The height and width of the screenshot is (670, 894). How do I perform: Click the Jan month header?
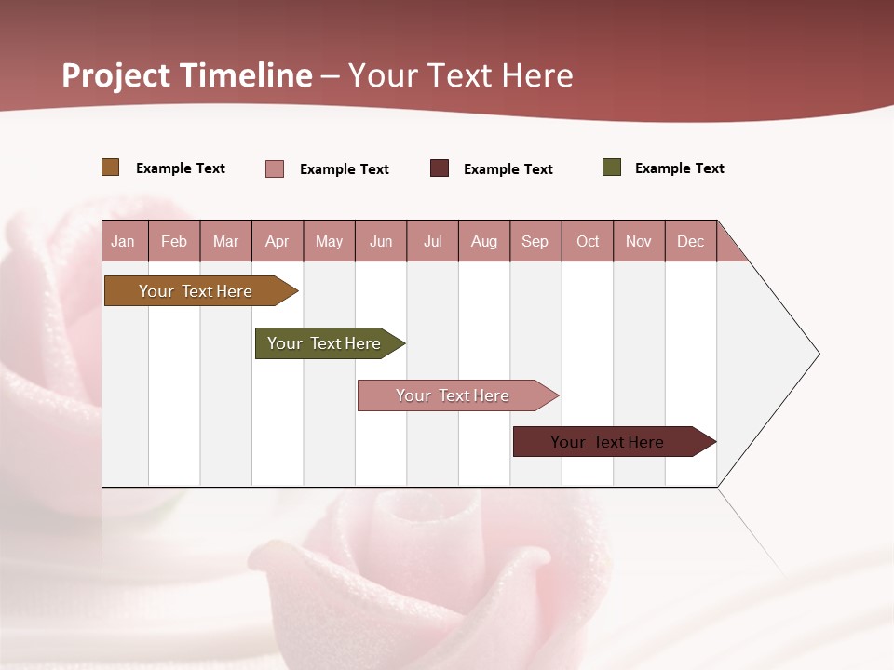pos(123,241)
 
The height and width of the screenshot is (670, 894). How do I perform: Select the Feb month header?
pos(174,241)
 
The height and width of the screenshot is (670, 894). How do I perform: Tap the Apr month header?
pos(277,241)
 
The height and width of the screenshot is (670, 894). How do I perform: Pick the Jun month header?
pos(381,241)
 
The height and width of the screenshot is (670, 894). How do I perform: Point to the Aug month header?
pos(483,241)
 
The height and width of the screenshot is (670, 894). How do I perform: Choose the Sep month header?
pos(535,241)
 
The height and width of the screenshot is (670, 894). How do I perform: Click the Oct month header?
pos(588,241)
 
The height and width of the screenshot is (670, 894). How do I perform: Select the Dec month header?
pos(690,241)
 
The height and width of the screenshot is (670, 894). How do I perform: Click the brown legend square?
pos(111,167)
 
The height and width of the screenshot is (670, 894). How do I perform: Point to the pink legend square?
pos(275,168)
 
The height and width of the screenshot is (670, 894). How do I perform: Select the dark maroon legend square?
pos(440,168)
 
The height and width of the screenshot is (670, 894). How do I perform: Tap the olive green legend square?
pos(612,167)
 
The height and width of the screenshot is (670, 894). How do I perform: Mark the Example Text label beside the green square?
pos(679,168)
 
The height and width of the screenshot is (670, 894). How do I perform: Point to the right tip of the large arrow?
pos(818,354)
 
